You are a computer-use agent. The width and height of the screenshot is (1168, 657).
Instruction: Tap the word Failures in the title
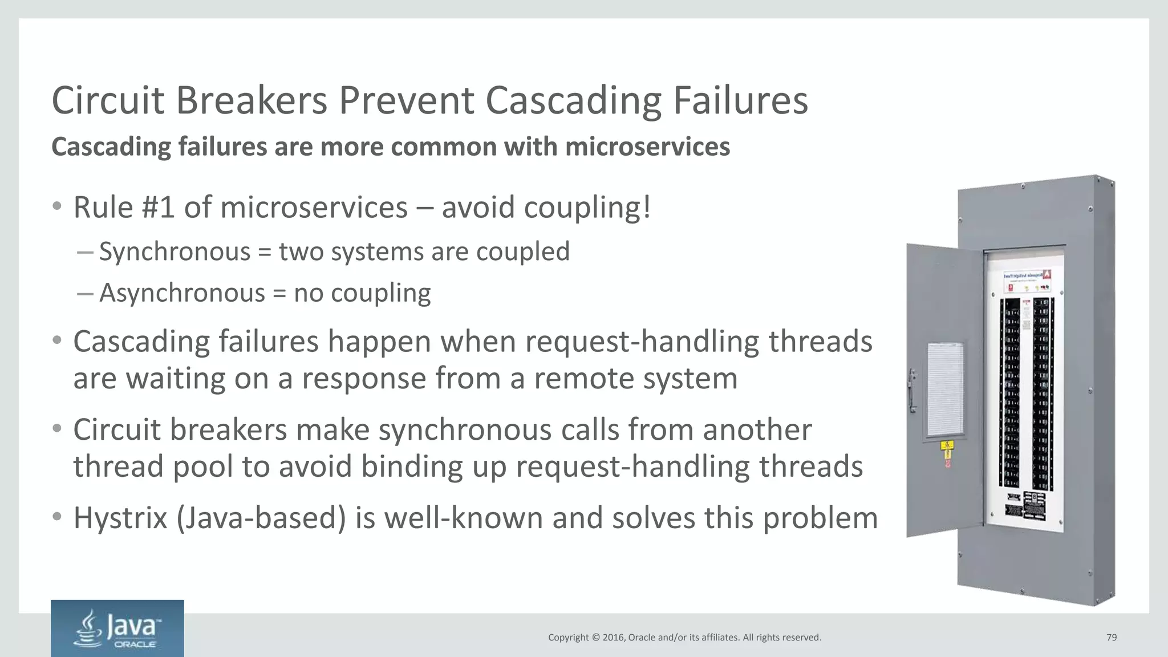(740, 101)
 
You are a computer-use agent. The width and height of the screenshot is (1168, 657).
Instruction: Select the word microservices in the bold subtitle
(647, 147)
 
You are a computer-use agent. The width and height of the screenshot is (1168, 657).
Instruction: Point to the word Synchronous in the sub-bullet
(175, 252)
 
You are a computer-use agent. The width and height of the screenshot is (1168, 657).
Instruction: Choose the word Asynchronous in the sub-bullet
(182, 293)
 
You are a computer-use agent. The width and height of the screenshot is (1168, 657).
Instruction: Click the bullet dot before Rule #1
(56, 206)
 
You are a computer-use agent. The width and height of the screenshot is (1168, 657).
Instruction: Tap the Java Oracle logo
(117, 628)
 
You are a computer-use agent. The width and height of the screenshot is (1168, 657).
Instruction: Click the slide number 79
(1111, 638)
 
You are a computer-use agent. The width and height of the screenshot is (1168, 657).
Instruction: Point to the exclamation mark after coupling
(646, 207)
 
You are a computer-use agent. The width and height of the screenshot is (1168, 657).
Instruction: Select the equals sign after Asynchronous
(279, 294)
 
